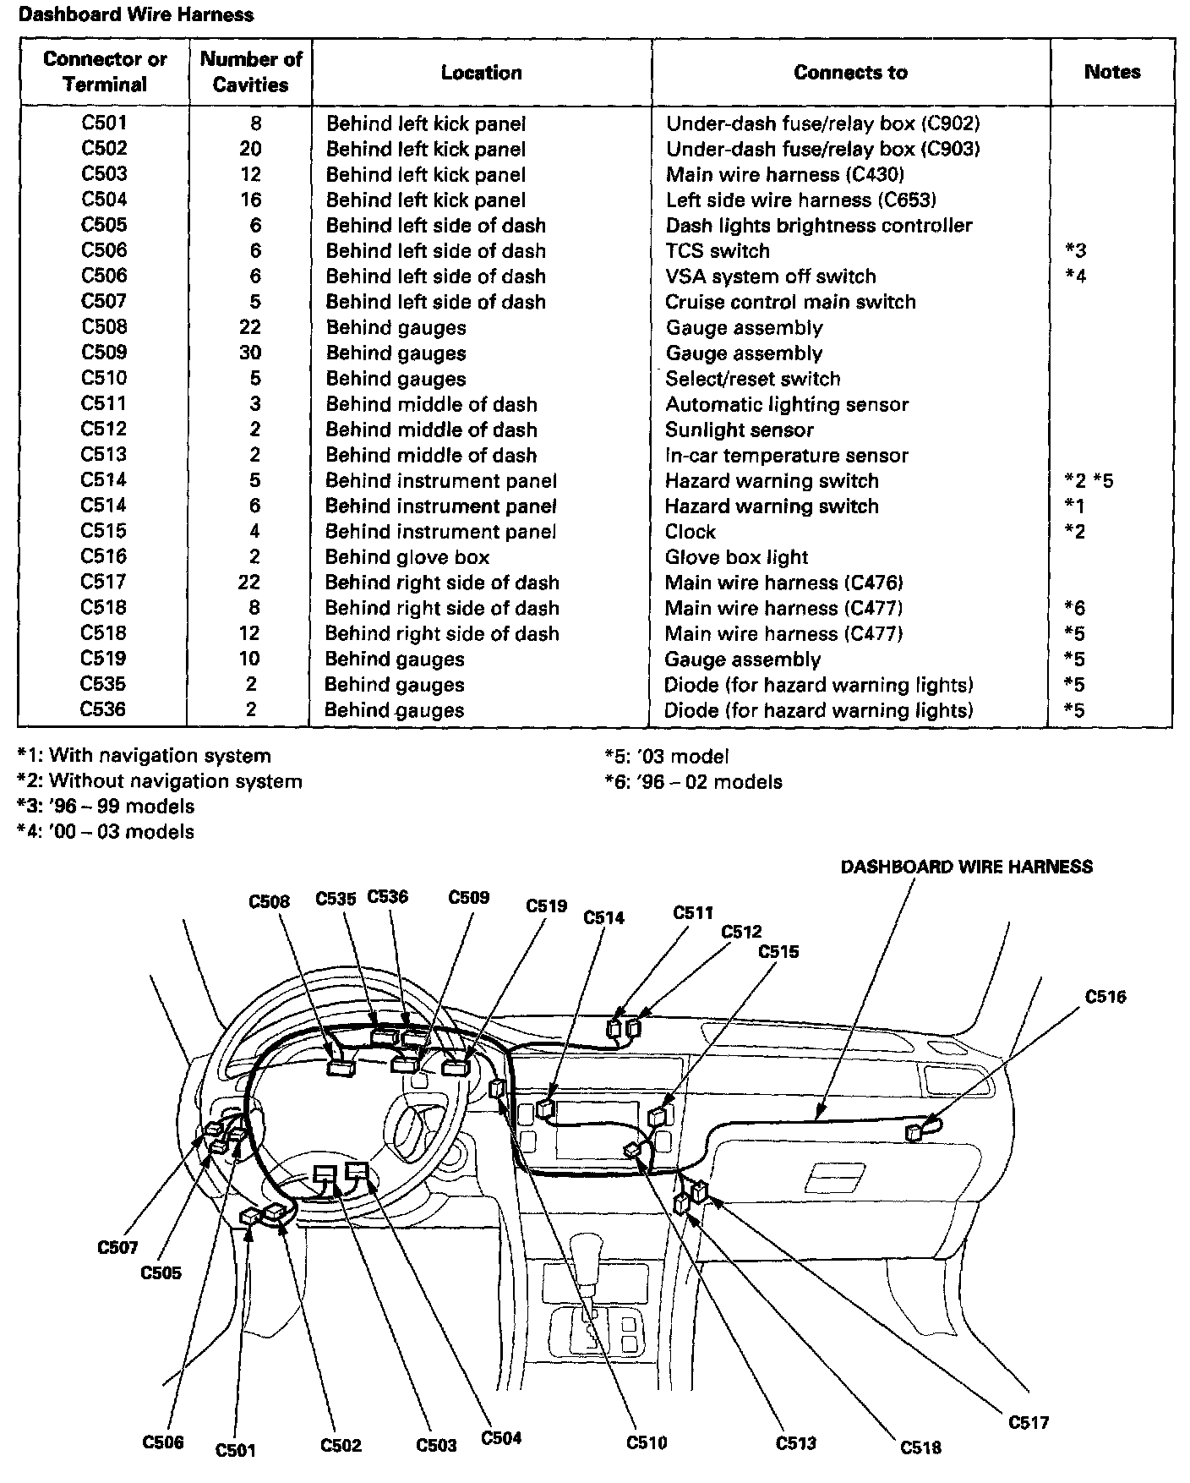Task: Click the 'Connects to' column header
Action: pyautogui.click(x=850, y=73)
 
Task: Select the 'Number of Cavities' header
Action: pyautogui.click(x=251, y=72)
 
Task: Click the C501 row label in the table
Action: pyautogui.click(x=104, y=123)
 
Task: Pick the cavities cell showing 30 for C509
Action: pyautogui.click(x=250, y=353)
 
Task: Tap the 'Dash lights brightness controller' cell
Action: pyautogui.click(x=819, y=226)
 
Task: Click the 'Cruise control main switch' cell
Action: pyautogui.click(x=790, y=302)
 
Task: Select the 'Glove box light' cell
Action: pyautogui.click(x=736, y=557)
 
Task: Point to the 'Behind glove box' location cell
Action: pyautogui.click(x=407, y=557)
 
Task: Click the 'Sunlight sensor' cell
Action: pyautogui.click(x=739, y=430)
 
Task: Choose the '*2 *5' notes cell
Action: pyautogui.click(x=1089, y=481)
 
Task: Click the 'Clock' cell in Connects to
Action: pyautogui.click(x=690, y=532)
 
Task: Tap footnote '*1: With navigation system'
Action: pyautogui.click(x=145, y=756)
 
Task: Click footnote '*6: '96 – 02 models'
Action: pyautogui.click(x=694, y=782)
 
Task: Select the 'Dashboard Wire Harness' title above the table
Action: pyautogui.click(x=136, y=14)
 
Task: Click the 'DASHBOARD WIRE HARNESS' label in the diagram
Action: pyautogui.click(x=966, y=867)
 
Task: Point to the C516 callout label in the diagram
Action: pyautogui.click(x=1105, y=997)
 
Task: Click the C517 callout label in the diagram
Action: pyautogui.click(x=1029, y=1422)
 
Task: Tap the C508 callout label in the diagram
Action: pyautogui.click(x=270, y=901)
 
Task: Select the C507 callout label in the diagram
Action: pyautogui.click(x=117, y=1247)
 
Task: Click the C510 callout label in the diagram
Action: pyautogui.click(x=647, y=1442)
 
